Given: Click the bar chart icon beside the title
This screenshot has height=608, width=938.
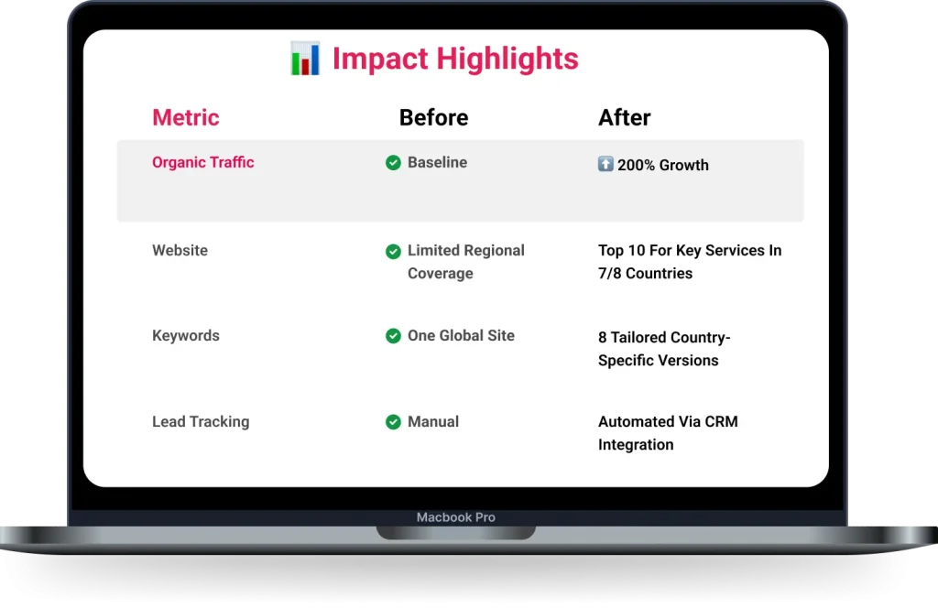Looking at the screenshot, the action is tap(305, 59).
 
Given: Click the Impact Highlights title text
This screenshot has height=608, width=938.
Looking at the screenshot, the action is tap(455, 59).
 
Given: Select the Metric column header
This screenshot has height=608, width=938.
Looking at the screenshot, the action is tap(185, 117).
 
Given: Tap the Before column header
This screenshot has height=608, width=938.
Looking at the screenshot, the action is tap(433, 118).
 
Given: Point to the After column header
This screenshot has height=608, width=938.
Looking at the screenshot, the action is tap(624, 118).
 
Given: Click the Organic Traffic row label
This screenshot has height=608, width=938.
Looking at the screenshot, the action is tap(202, 162).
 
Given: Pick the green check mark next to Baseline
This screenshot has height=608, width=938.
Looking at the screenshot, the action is tap(393, 163).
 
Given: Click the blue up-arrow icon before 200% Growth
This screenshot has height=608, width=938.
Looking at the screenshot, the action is tap(605, 164).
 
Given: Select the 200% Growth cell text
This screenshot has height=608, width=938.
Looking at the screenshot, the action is tap(663, 165).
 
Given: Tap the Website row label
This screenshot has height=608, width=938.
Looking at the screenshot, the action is tap(180, 250).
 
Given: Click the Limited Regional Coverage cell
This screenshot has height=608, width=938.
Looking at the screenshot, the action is tap(466, 261).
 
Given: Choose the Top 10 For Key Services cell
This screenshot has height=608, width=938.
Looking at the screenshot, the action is tap(690, 261).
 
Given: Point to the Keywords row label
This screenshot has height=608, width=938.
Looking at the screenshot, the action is tap(185, 335).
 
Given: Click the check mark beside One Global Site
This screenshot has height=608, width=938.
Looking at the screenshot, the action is tap(393, 336).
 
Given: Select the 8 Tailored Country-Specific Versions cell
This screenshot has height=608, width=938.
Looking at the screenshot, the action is tap(664, 349).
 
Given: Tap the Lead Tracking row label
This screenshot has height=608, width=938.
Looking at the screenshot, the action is tap(201, 421).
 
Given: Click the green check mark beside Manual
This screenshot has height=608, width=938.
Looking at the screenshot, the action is tap(393, 422).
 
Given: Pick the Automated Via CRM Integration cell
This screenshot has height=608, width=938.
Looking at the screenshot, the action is tap(668, 433).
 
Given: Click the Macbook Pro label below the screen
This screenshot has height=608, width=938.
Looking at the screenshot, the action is tap(456, 517).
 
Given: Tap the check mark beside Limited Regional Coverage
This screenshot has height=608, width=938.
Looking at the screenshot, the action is tap(393, 252).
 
